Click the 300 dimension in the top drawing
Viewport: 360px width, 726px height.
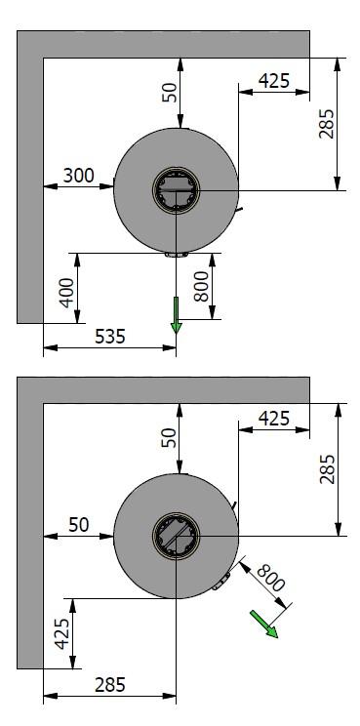[x=78, y=176]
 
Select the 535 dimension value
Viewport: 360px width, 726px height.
[x=110, y=336]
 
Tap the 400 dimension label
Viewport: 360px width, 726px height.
[x=67, y=293]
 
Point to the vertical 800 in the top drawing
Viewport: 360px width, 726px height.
[x=201, y=287]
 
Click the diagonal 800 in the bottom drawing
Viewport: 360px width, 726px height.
[x=270, y=578]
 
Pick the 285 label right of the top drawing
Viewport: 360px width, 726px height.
[x=326, y=124]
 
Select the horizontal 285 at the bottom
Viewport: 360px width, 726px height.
[x=110, y=685]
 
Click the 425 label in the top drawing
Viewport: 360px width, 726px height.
[x=274, y=81]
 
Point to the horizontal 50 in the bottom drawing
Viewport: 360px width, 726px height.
[x=79, y=525]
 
